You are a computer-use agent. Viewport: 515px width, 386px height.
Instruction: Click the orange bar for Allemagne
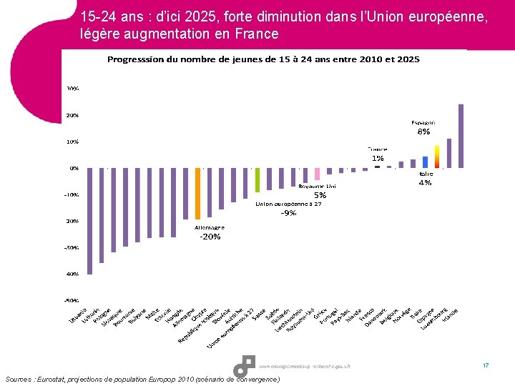[x=197, y=194]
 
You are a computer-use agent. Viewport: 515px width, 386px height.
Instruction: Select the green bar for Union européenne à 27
[x=257, y=180]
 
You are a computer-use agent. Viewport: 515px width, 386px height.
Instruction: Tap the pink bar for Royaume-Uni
[x=317, y=174]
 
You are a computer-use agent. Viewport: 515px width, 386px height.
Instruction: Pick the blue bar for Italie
[x=425, y=162]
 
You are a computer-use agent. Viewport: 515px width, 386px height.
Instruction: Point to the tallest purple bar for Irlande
[x=461, y=136]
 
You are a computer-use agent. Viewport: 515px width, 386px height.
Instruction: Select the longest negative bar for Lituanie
[x=89, y=221]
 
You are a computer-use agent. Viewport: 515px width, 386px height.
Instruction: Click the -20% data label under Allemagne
[x=210, y=237]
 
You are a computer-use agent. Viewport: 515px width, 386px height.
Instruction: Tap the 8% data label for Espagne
[x=424, y=132]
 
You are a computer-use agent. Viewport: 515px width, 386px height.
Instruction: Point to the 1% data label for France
[x=377, y=158]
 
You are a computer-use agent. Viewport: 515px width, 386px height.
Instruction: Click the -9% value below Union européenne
[x=289, y=213]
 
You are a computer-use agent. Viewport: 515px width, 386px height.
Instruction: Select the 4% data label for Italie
[x=425, y=183]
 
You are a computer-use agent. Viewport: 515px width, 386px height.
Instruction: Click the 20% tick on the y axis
[x=73, y=115]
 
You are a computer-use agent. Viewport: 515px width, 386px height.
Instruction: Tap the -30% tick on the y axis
[x=72, y=247]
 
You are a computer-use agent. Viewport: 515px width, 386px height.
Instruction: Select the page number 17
[x=485, y=366]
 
